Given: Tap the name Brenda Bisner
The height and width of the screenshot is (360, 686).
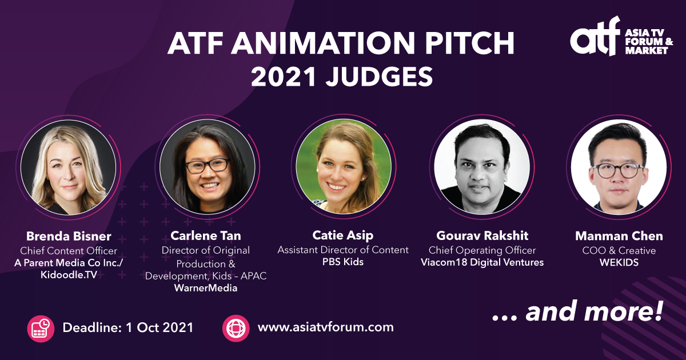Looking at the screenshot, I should click(69, 236).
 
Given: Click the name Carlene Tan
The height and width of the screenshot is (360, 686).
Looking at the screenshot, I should click(206, 236).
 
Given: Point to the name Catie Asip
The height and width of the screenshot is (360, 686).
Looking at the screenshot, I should click(343, 236).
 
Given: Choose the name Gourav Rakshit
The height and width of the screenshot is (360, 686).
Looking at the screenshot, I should click(482, 236).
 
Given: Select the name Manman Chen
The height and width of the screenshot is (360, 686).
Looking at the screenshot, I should click(619, 236).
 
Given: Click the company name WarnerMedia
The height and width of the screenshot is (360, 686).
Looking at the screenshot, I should click(206, 288).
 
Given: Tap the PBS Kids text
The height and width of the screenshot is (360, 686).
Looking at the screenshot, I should click(343, 262).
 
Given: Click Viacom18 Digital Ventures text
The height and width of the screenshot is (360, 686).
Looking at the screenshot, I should click(482, 262).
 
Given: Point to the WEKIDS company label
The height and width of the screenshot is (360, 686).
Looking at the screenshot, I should click(619, 262).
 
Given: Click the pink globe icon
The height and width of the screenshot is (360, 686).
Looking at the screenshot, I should click(236, 328).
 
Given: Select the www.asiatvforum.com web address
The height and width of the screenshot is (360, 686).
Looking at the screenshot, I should click(325, 327).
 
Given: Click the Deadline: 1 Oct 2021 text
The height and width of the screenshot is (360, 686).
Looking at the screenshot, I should click(127, 327).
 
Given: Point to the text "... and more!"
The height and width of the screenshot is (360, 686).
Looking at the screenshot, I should click(577, 313).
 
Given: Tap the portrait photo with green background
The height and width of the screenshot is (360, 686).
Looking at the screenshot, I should click(344, 166).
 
